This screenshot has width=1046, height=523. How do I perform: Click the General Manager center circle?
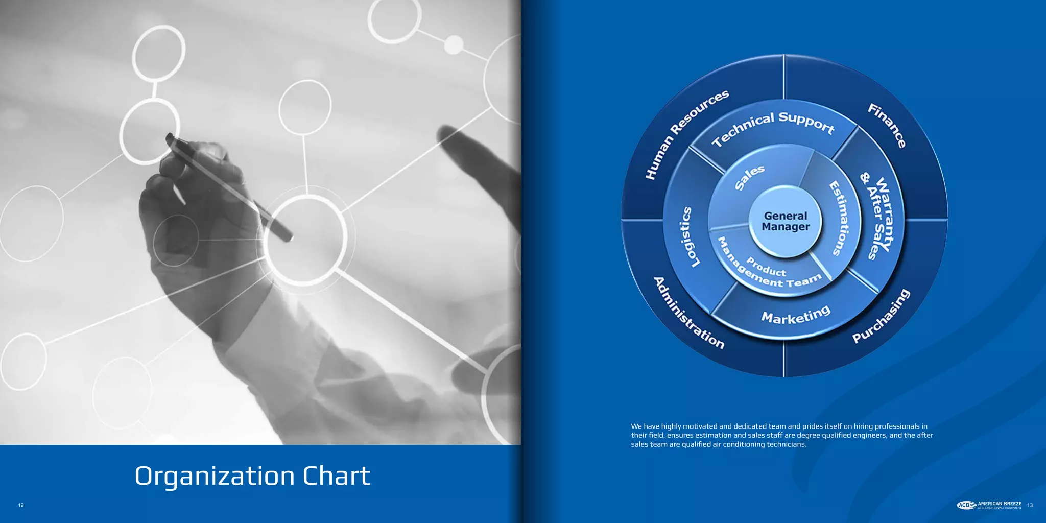point(786,221)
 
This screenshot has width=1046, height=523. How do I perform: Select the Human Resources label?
point(686,134)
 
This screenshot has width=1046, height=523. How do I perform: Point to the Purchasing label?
point(881,316)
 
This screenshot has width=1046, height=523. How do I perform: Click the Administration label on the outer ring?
point(688,313)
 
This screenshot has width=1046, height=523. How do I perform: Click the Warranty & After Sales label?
point(880,215)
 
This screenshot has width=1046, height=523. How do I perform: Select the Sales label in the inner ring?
point(749,177)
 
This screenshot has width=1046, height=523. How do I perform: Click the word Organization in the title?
point(215,476)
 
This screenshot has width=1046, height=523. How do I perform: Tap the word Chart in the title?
point(336,476)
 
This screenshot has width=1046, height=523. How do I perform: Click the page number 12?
point(21,505)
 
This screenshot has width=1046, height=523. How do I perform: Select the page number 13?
point(1030,505)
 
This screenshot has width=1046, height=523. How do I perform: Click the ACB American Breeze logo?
point(989,505)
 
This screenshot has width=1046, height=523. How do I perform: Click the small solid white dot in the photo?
point(453,44)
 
